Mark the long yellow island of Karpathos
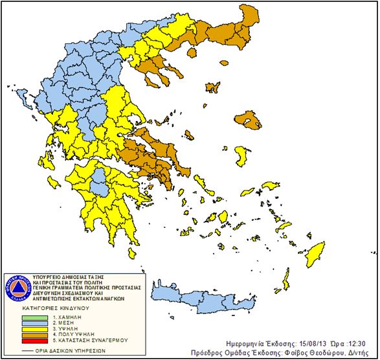tap(285, 280)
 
